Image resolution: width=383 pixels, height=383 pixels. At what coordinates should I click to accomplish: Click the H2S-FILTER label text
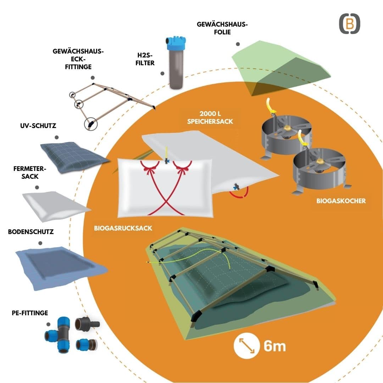(145, 59)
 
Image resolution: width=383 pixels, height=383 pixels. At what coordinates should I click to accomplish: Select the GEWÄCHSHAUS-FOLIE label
(222, 28)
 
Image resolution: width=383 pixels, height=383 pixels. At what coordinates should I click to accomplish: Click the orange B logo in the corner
(350, 24)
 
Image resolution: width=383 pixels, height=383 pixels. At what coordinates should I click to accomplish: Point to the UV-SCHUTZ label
(38, 126)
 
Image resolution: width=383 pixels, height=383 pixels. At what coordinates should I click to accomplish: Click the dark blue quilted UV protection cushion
(74, 156)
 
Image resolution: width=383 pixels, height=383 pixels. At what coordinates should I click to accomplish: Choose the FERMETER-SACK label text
(29, 172)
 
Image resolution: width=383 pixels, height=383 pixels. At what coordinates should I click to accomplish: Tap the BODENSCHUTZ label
(31, 232)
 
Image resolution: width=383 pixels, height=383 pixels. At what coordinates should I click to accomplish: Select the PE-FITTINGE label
(30, 313)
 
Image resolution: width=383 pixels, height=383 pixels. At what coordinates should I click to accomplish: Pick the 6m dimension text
(274, 346)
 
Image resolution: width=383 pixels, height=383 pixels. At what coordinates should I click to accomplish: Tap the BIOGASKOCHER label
(341, 201)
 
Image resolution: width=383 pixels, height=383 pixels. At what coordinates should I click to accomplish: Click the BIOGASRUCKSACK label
(123, 228)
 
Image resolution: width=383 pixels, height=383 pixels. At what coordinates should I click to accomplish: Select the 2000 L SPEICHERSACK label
(210, 117)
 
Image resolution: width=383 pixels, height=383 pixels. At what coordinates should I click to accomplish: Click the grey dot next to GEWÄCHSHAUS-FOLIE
(238, 44)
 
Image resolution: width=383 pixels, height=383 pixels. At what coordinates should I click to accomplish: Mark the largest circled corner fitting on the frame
(91, 124)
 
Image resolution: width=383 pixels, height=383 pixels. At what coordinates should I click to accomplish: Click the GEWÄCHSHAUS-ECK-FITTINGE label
(78, 59)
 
